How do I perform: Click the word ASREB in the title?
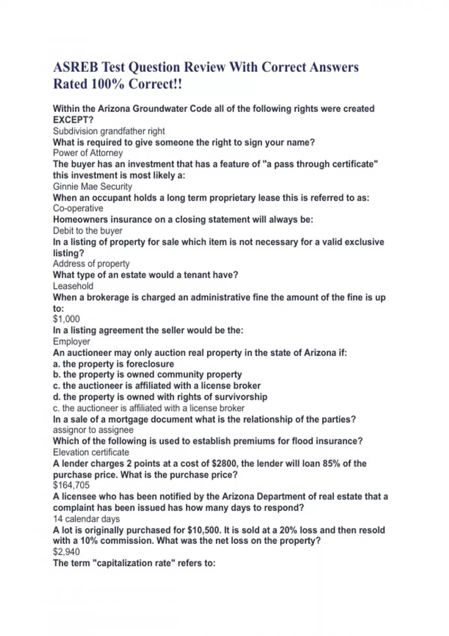76,67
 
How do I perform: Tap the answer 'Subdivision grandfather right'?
109,131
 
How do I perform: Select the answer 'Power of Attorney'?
88,153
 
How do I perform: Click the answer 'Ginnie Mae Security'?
92,187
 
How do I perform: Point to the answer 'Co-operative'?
78,208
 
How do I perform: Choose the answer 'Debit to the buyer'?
88,231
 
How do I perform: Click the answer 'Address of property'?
91,264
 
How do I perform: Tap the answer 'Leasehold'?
73,286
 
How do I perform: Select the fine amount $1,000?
67,319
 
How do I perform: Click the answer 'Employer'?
71,342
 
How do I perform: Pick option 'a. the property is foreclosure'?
113,364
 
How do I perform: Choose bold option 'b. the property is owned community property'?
147,374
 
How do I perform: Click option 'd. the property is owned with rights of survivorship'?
160,397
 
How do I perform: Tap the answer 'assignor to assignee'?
93,430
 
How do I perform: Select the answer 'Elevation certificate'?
91,452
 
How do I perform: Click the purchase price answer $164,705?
71,485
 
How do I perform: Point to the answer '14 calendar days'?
86,519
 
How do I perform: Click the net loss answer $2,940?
67,552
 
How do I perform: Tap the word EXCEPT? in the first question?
73,120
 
